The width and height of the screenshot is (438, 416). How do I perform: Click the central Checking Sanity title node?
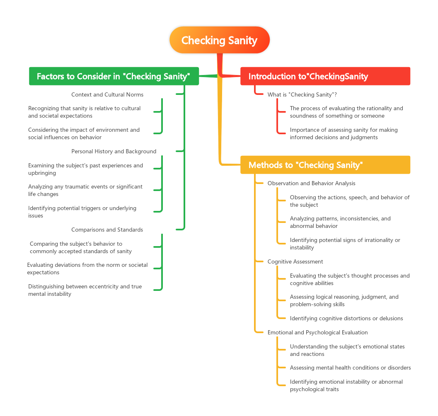point(220,40)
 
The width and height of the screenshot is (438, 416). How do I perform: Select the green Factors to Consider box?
point(114,76)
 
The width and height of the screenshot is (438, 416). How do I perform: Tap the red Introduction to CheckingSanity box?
point(325,76)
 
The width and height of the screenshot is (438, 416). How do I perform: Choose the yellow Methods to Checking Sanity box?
point(325,165)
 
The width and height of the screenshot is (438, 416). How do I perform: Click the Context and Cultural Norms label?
point(107,94)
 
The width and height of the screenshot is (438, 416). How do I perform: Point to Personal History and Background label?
point(114,151)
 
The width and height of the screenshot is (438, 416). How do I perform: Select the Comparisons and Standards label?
point(107,230)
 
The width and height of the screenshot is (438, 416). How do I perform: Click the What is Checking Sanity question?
point(302,94)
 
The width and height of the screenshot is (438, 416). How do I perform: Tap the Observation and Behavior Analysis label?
point(311,183)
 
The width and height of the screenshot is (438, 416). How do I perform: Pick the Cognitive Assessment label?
point(295,261)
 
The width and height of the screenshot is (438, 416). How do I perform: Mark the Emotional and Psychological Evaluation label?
point(317,332)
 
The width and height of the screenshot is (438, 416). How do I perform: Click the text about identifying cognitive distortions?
point(346,318)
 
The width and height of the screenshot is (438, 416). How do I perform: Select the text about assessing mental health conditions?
point(350,368)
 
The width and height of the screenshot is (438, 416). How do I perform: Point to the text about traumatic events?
point(85,190)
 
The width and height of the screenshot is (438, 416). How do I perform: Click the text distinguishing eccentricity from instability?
point(85,290)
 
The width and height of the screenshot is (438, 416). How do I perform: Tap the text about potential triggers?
point(82,212)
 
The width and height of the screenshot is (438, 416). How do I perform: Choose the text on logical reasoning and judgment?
point(344,300)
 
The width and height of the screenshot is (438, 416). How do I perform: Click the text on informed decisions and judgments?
point(344,133)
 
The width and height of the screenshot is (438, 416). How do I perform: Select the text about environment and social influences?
point(84,133)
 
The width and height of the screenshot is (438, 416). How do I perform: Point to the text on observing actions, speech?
point(349,201)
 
